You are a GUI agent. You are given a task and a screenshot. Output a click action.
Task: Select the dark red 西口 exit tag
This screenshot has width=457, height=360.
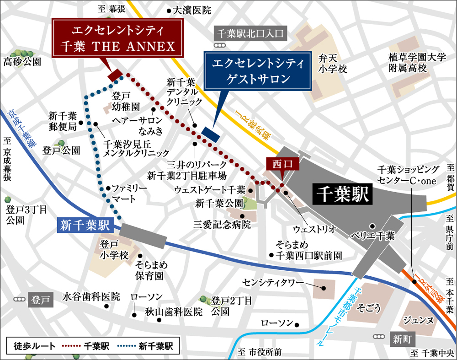(282, 163)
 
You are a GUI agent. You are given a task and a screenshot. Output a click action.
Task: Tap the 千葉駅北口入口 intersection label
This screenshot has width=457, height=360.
(250, 33)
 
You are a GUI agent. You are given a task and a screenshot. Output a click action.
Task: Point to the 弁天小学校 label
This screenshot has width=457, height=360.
(333, 64)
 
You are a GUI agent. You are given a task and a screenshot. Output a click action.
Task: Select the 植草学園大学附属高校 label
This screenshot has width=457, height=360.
(410, 63)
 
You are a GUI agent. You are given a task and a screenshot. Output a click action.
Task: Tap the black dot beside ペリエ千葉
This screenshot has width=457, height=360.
(372, 226)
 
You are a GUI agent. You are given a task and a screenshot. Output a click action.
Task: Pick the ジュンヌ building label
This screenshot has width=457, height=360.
(418, 319)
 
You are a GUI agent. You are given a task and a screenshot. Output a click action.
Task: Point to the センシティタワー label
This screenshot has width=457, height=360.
(273, 282)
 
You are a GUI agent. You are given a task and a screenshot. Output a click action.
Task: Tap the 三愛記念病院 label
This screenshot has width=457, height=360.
(222, 224)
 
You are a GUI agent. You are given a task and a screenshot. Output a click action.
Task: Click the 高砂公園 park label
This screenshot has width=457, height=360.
(22, 62)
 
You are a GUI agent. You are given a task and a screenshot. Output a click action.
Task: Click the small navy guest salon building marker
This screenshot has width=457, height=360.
(211, 134)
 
